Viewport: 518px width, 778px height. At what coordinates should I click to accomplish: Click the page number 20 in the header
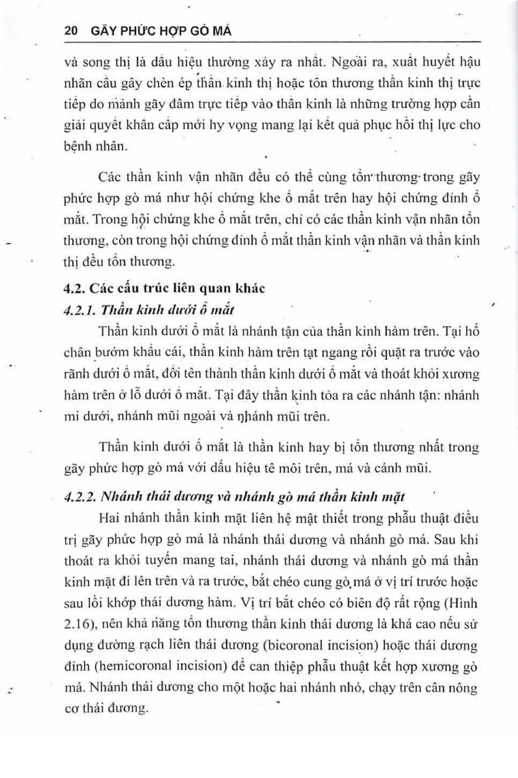click(x=71, y=31)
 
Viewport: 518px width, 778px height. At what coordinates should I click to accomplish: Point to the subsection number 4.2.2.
click(x=80, y=497)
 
